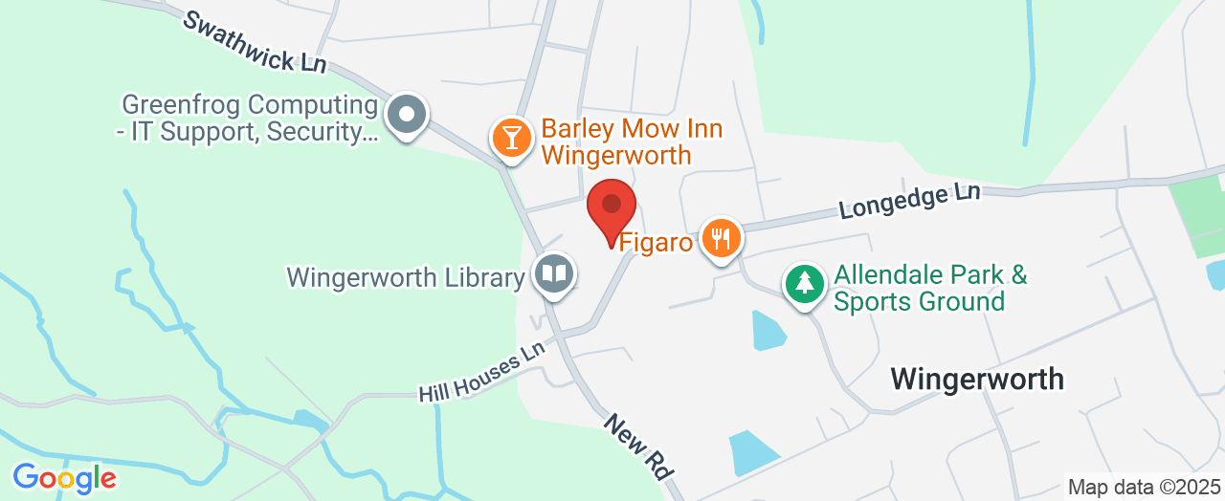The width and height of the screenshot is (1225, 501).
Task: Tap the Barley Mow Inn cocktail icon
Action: (x=512, y=138)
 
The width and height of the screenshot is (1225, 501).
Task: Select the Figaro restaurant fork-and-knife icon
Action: (x=722, y=236)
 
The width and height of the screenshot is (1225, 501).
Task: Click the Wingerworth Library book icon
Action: (x=553, y=274)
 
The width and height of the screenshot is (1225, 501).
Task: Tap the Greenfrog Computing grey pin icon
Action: (x=407, y=116)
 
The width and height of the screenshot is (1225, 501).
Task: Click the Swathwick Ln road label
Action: (x=256, y=42)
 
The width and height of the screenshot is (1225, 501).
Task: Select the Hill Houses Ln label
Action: (x=481, y=372)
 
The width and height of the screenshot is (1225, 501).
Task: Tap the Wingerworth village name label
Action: (x=977, y=379)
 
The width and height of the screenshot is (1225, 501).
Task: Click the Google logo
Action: (x=64, y=477)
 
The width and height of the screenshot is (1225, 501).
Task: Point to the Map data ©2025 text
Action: (x=1145, y=487)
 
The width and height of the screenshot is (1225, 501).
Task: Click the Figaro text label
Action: (x=656, y=242)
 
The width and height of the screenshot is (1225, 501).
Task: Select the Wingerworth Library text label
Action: (x=406, y=278)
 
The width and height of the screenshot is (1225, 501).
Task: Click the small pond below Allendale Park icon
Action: (x=768, y=330)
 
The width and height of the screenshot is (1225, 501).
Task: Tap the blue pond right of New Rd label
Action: (x=752, y=452)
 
